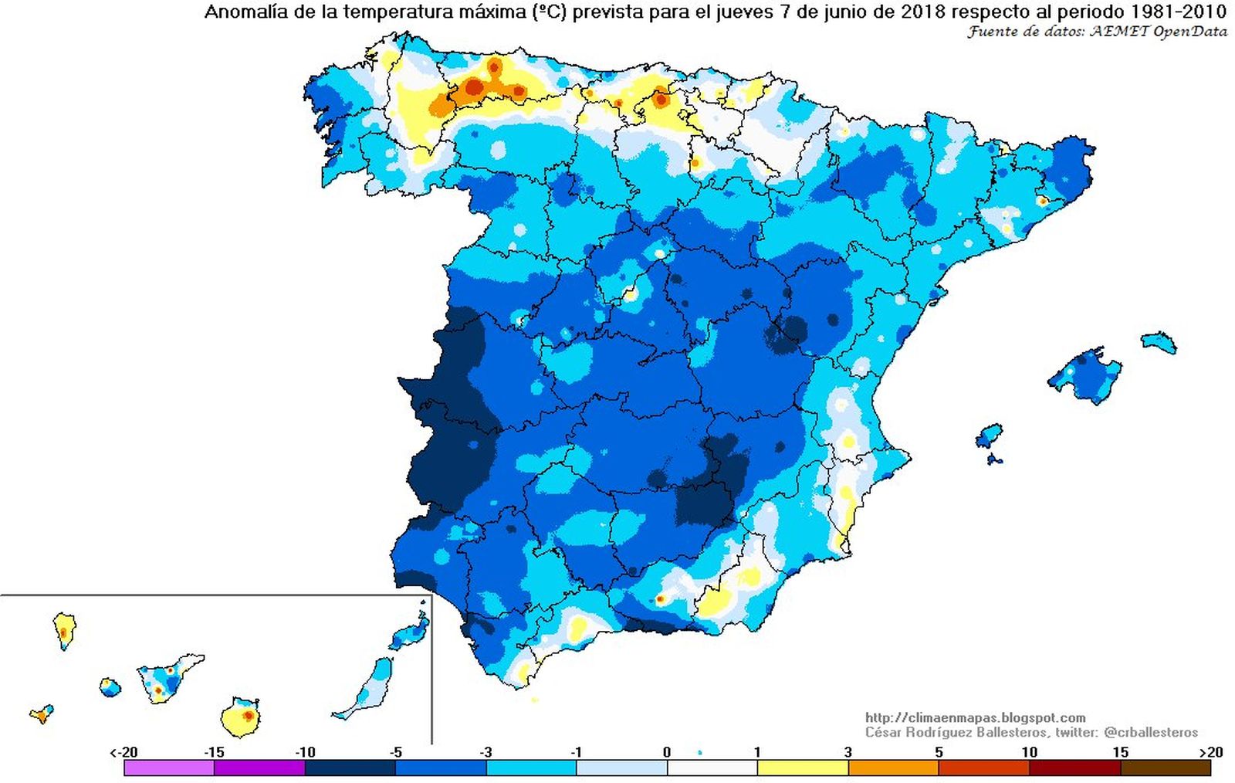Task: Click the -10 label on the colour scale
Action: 306,752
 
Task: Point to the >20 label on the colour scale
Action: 1210,752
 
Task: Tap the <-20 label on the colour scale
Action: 123,752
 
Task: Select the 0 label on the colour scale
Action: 667,752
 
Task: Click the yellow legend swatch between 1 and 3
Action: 803,768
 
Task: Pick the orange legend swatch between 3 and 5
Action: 893,768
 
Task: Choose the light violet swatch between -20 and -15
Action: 169,768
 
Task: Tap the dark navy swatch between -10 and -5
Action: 350,768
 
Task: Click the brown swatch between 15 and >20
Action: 1165,768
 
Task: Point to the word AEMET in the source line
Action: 1119,32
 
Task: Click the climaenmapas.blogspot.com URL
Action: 975,717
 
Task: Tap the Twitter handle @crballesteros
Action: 1151,732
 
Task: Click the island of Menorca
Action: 1159,341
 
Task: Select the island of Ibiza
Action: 989,435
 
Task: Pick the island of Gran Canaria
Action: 239,717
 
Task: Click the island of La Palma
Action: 64,630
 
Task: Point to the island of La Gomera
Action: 110,686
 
